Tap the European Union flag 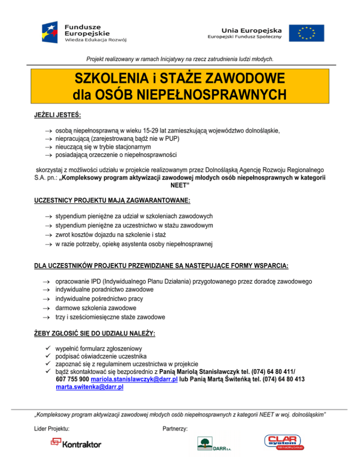tap(302, 32)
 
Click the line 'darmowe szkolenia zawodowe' tap(96, 308)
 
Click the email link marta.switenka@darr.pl tap(90, 388)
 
